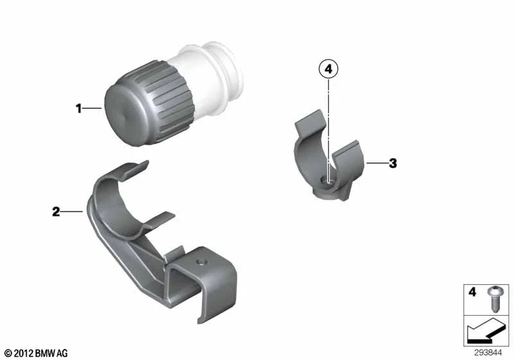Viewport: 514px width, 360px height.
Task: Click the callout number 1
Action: [78, 109]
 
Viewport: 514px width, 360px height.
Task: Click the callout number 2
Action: [56, 212]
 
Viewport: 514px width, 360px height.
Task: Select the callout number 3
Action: [393, 163]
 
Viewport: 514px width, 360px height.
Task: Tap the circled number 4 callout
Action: [328, 69]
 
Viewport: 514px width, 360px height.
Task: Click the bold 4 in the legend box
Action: [472, 292]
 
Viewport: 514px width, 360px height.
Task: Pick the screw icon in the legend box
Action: [493, 299]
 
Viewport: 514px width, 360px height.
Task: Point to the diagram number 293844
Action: [488, 353]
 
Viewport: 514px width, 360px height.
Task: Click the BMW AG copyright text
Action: [36, 354]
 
